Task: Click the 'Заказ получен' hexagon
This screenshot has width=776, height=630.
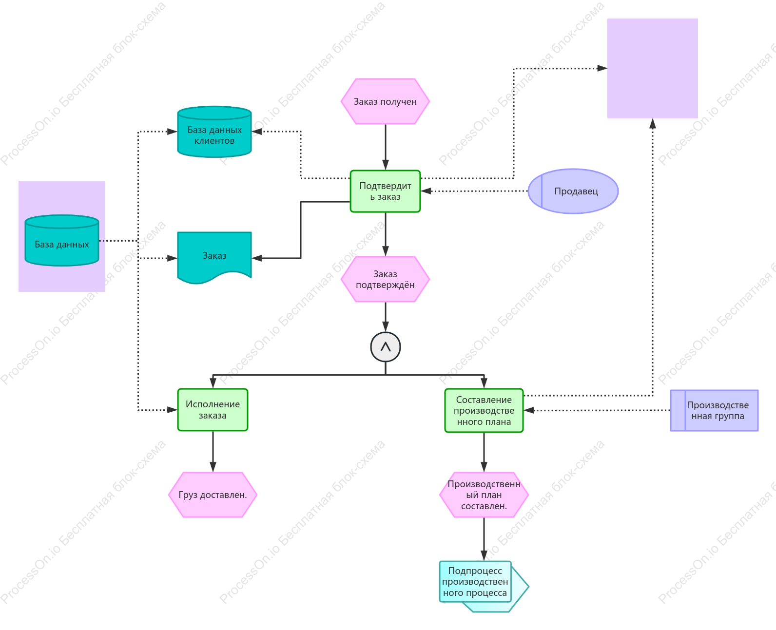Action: (385, 101)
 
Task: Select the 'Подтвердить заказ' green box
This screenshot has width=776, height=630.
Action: (385, 191)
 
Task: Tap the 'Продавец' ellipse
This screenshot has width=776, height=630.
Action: (573, 191)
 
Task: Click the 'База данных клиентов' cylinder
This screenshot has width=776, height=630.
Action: (214, 132)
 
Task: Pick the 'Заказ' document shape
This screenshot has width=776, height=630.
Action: (214, 257)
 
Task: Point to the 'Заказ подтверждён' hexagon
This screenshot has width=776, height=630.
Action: (385, 279)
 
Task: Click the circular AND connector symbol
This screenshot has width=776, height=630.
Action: (386, 347)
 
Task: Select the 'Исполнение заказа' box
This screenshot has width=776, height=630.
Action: (213, 410)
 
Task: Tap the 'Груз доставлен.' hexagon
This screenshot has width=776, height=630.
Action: (213, 495)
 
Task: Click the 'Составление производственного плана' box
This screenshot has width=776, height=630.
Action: (484, 410)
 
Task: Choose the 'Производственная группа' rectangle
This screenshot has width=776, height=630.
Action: (714, 410)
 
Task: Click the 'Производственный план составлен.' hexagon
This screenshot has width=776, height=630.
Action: (484, 495)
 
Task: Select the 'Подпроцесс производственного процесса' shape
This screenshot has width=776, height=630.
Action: (484, 586)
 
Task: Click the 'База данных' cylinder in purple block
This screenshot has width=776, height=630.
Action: (62, 240)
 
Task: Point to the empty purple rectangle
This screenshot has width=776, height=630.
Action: (653, 69)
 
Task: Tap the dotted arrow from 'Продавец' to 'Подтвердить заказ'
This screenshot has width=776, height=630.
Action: (474, 191)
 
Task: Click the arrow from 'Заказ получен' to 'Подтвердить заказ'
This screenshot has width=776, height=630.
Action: (386, 147)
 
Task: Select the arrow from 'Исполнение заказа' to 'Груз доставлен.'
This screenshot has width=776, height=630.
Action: (213, 452)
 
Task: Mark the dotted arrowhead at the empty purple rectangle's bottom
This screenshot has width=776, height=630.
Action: (653, 123)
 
